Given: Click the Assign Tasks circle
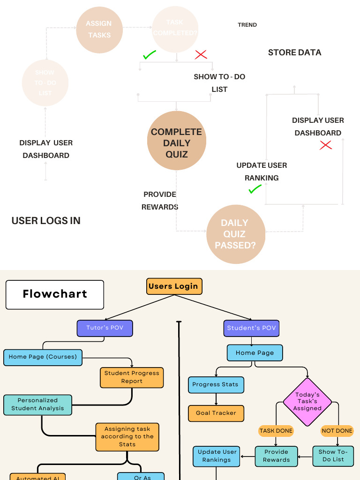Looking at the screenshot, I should tap(99, 30).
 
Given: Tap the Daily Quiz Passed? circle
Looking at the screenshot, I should tap(235, 234).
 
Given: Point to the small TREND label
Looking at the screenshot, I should tap(247, 25).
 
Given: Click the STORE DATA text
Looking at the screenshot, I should tap(294, 52).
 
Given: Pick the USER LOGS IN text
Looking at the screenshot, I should tap(46, 221).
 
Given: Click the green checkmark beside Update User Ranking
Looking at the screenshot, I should tap(255, 189).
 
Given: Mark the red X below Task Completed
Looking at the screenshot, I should tap(201, 54).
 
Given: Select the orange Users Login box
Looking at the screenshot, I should tap(173, 286).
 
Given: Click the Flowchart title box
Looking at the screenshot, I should tap(55, 294).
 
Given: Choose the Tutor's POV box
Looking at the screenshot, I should tap(105, 328).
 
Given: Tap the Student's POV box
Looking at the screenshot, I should tap(251, 328).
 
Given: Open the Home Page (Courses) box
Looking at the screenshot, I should tap(43, 357).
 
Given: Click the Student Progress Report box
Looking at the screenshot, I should tap(132, 377).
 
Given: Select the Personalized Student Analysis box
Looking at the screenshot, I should tap(38, 405).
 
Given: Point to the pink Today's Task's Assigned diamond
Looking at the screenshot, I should tap(307, 402).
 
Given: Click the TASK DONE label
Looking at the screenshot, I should tap(276, 431).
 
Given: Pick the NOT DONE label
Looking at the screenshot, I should tap(337, 431).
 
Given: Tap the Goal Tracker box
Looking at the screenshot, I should tap(216, 413).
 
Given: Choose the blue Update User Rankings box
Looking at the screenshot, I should tap(217, 456).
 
